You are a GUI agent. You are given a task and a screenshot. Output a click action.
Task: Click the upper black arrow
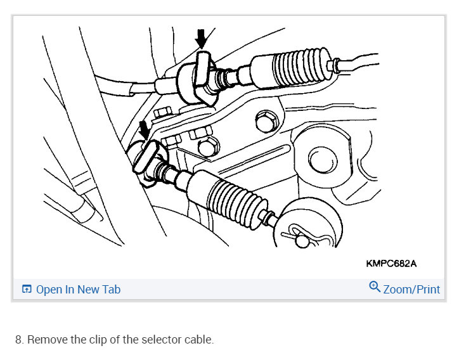[201, 39]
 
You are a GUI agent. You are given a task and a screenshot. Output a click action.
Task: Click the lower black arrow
[145, 130]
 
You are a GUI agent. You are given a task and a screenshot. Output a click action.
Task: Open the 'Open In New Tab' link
[78, 290]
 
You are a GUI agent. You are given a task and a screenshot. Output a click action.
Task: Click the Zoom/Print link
[411, 290]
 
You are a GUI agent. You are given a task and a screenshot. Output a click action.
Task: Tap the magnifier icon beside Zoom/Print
[375, 288]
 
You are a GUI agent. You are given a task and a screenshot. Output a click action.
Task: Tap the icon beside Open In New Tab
[27, 290]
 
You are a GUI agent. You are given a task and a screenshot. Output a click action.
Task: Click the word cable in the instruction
[198, 340]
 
